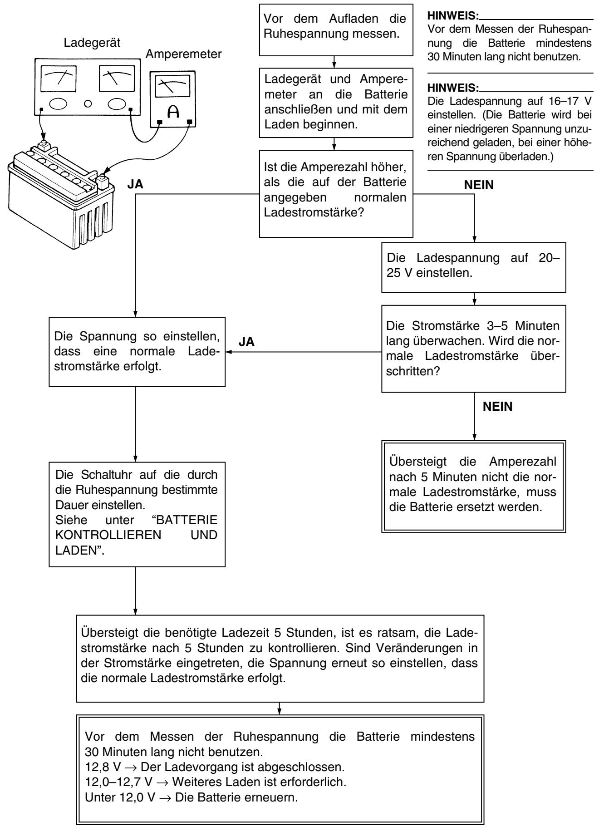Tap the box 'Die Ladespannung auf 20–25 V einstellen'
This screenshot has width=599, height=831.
(x=474, y=266)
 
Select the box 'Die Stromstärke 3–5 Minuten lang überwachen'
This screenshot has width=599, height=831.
(x=474, y=348)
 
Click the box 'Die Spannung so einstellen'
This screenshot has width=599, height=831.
(x=136, y=352)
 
